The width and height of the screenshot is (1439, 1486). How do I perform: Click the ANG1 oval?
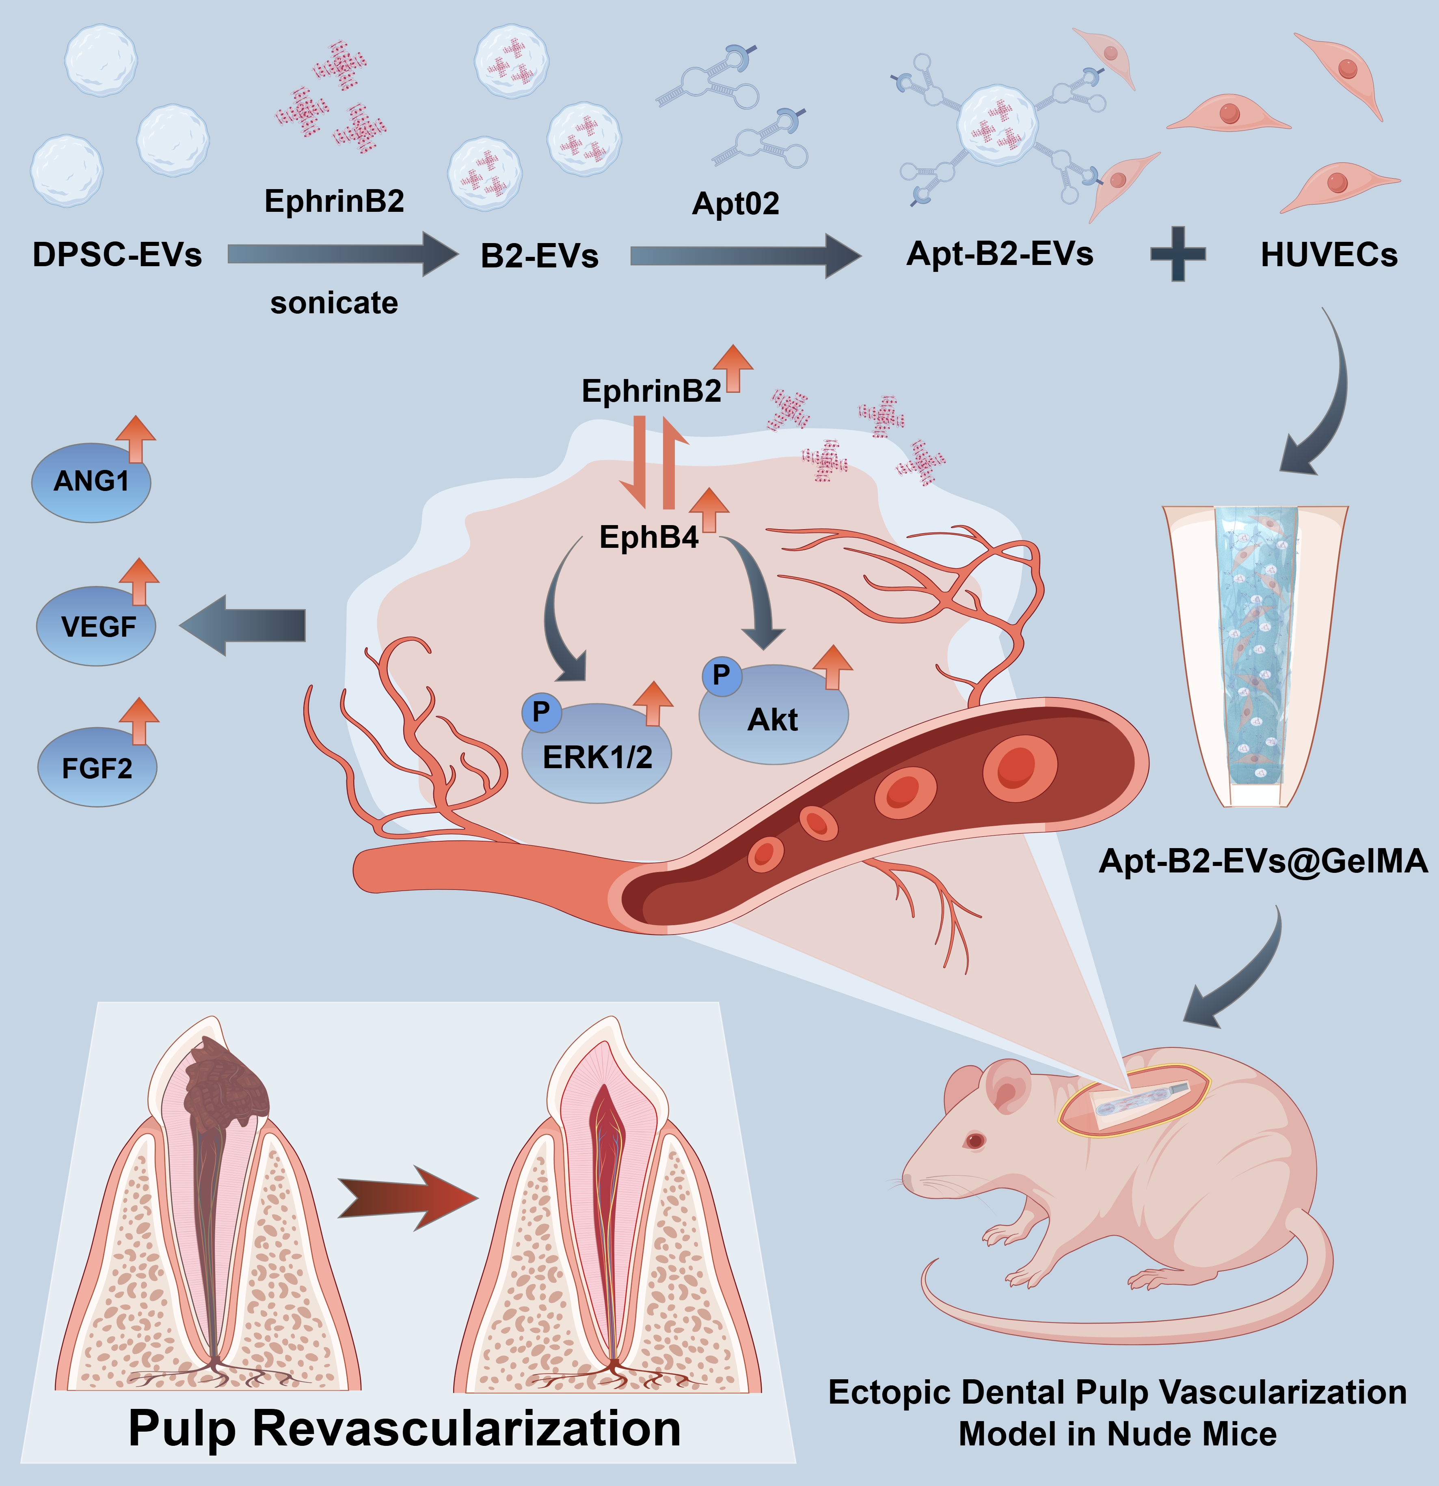(91, 482)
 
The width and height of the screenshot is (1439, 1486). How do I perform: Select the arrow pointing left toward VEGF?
(243, 625)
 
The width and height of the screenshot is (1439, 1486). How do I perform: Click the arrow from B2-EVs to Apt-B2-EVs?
(745, 256)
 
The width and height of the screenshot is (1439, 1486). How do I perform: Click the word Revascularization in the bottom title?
(466, 1428)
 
